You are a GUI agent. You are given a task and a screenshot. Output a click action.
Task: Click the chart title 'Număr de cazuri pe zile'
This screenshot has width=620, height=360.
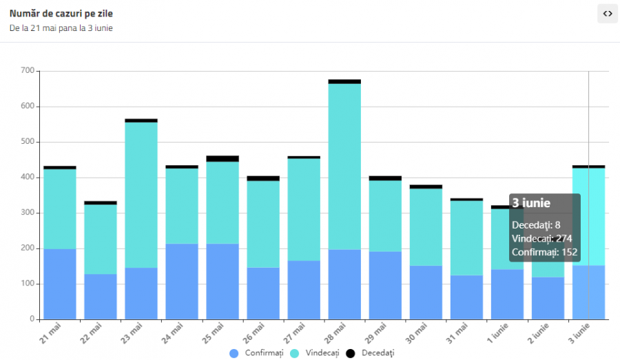[x=61, y=13]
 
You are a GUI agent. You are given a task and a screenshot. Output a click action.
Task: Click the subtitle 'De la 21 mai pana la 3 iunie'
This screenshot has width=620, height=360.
[x=61, y=28]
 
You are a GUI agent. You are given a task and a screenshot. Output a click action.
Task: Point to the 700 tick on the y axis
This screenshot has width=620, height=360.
[x=27, y=71]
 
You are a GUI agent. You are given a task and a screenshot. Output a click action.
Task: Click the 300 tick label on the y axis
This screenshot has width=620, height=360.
[x=27, y=213]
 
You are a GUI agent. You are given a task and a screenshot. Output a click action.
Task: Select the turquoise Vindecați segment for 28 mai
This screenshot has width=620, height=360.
[x=344, y=165]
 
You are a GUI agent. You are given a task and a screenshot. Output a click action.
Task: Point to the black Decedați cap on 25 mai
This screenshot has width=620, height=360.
[x=223, y=158]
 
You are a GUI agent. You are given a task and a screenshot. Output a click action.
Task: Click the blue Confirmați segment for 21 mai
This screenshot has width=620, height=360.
[x=60, y=284]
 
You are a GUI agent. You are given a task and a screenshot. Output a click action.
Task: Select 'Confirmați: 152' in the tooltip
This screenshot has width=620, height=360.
[x=543, y=253]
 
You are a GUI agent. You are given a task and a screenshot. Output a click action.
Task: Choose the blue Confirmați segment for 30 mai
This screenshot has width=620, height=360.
[x=426, y=292]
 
